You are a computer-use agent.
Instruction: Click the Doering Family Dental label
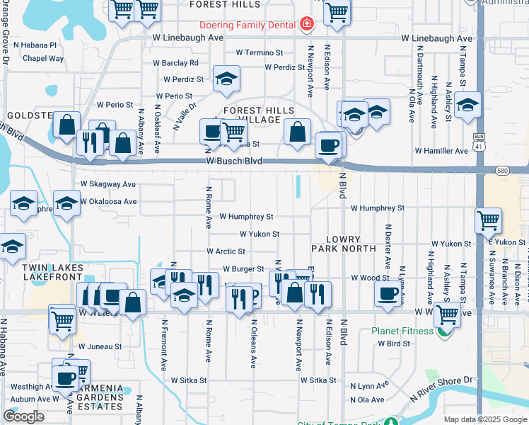pyautogui.click(x=247, y=25)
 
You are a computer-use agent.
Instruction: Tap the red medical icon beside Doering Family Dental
pyautogui.click(x=306, y=25)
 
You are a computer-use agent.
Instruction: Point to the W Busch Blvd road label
pyautogui.click(x=234, y=161)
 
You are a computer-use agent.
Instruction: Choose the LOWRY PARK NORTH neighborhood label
pyautogui.click(x=344, y=244)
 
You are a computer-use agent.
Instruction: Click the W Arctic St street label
pyautogui.click(x=226, y=251)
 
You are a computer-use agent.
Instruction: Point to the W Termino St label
pyautogui.click(x=260, y=52)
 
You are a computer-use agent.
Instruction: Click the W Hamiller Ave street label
pyautogui.click(x=441, y=151)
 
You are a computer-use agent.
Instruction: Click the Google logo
pyautogui.click(x=23, y=416)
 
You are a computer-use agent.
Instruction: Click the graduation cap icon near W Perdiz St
pyautogui.click(x=226, y=79)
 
